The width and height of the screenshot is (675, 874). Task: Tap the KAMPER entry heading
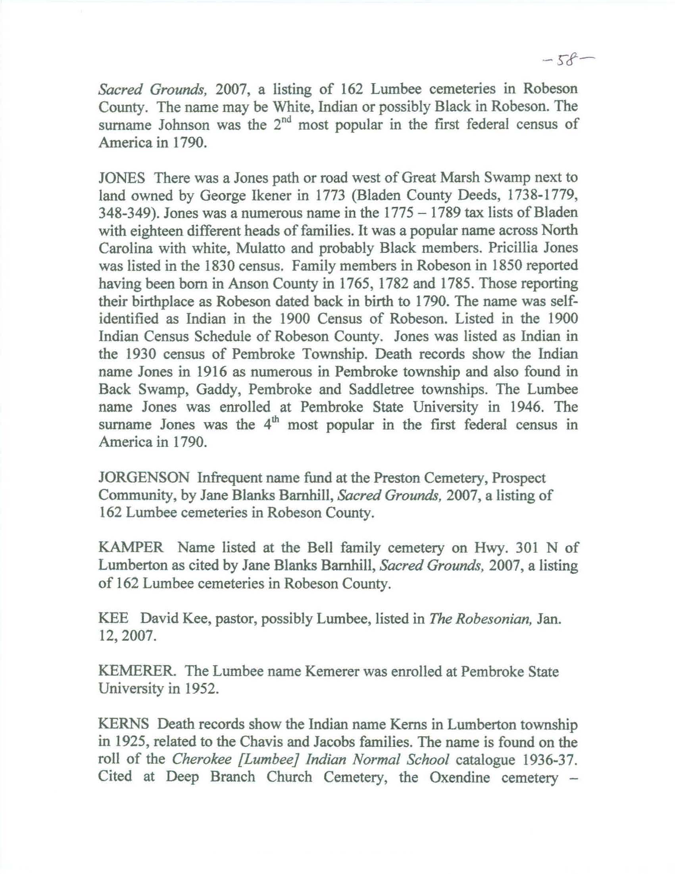(x=131, y=548)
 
